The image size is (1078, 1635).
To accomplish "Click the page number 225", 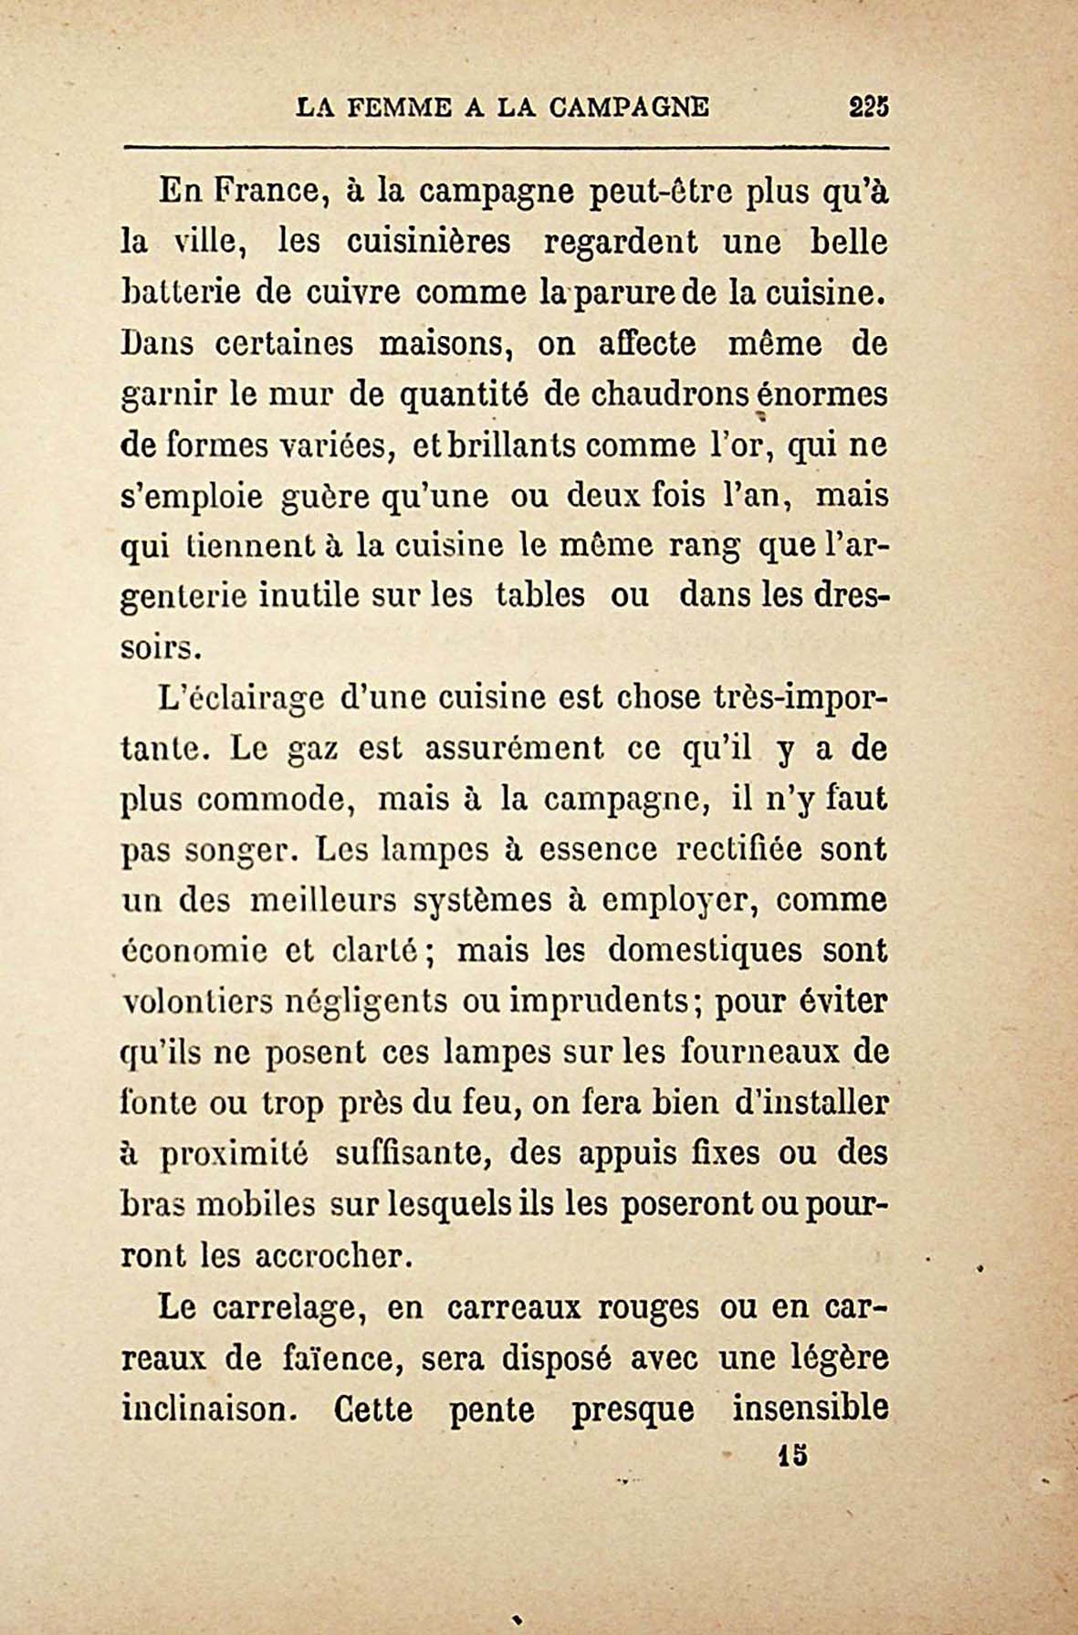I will coord(868,107).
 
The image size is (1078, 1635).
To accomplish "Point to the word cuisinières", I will coord(429,242).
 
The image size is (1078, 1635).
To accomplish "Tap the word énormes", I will coord(829,395).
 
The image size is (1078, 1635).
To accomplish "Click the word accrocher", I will coord(328,1256).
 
